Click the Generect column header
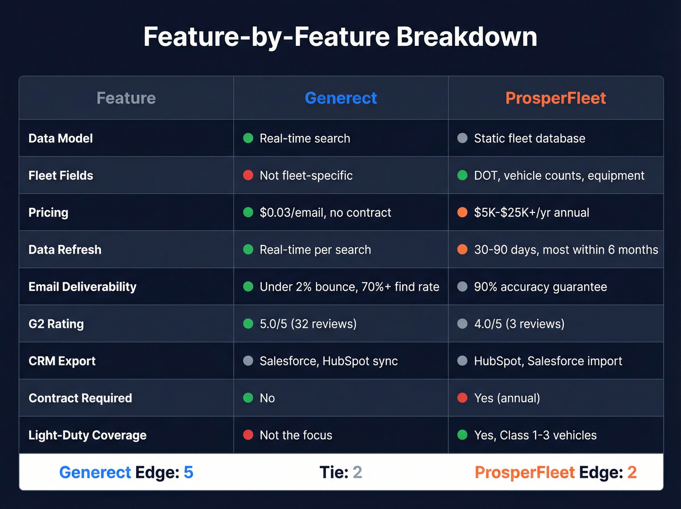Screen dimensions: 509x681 (x=340, y=98)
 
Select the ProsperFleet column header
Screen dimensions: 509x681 (x=556, y=98)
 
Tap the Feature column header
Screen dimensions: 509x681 (x=126, y=98)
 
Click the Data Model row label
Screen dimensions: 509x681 (x=61, y=138)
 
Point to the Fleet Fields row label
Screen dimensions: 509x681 (x=61, y=175)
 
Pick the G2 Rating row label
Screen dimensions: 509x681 (x=56, y=324)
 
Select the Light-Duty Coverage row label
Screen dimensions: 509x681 (x=88, y=435)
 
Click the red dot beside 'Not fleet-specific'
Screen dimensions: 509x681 (x=248, y=175)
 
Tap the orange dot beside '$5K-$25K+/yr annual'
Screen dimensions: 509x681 (x=463, y=212)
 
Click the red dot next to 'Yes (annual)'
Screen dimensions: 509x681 (x=463, y=398)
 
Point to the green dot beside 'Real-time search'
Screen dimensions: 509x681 (x=248, y=138)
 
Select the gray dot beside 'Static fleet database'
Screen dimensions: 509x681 (x=463, y=138)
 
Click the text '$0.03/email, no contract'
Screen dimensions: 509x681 (x=325, y=212)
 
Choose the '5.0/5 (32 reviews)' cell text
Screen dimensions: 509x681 (x=308, y=324)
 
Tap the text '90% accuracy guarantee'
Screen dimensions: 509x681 (x=540, y=287)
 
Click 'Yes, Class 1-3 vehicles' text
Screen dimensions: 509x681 (x=535, y=435)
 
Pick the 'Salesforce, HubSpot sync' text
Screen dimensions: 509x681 (x=329, y=361)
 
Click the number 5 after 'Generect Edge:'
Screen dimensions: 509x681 (x=188, y=472)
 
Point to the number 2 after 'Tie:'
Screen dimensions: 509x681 (x=358, y=472)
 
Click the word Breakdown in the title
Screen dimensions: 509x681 (x=467, y=37)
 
